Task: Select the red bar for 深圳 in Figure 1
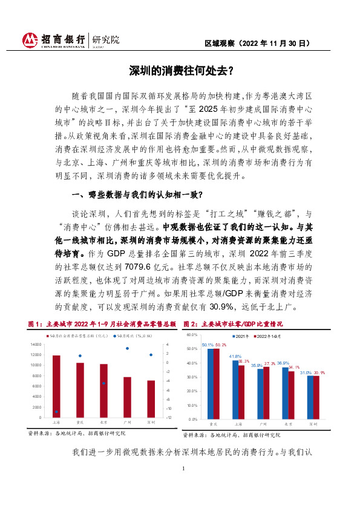(151, 399)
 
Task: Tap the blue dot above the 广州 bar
(127, 348)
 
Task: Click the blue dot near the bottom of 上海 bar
(57, 412)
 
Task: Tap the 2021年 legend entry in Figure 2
(240, 336)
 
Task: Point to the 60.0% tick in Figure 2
(192, 334)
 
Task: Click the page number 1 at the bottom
(182, 468)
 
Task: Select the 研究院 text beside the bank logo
(106, 40)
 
